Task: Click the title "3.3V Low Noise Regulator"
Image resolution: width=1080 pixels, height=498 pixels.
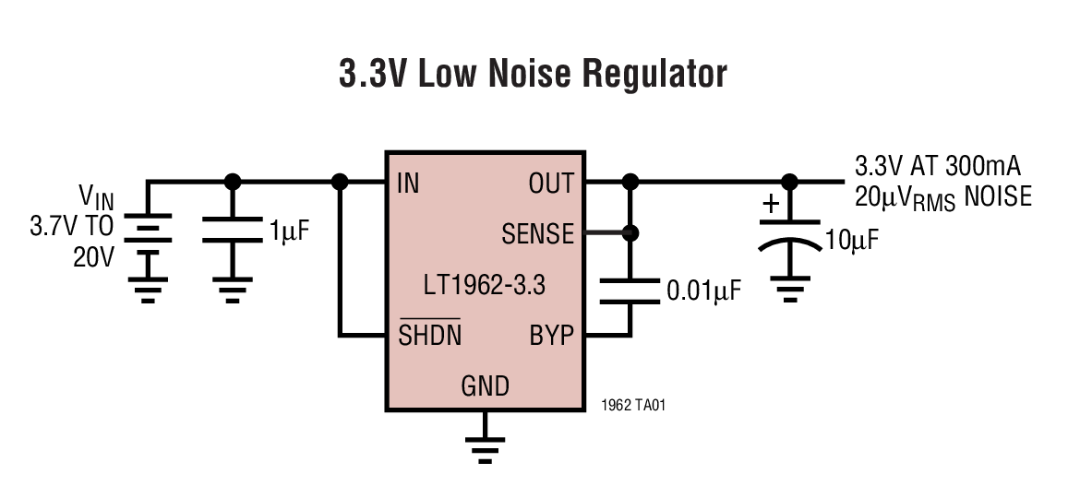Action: (x=533, y=75)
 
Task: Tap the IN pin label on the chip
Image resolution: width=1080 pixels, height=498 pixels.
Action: (x=407, y=184)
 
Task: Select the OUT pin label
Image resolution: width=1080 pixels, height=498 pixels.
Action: (x=550, y=184)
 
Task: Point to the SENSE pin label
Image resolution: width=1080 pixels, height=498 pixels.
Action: (x=537, y=234)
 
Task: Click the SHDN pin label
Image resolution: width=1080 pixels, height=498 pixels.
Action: (x=430, y=336)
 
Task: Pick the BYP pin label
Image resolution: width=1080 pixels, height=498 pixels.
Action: (x=552, y=336)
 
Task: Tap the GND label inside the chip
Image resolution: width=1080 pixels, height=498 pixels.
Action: (x=485, y=385)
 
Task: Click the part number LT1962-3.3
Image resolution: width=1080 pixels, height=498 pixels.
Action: (x=485, y=285)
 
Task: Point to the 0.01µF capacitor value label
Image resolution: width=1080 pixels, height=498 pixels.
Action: (x=704, y=292)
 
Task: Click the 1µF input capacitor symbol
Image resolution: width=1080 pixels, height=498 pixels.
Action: (x=233, y=230)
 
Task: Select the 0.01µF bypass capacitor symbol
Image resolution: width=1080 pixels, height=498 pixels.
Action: (x=630, y=290)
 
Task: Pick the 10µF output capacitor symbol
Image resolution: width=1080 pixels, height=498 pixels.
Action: (x=789, y=234)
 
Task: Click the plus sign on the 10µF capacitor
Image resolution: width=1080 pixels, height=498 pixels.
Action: (x=771, y=202)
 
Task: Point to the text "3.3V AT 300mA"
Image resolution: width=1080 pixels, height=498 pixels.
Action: (x=937, y=167)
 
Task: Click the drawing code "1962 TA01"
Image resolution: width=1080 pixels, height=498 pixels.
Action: (x=632, y=405)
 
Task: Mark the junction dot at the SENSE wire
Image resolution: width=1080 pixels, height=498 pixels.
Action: (x=630, y=234)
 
